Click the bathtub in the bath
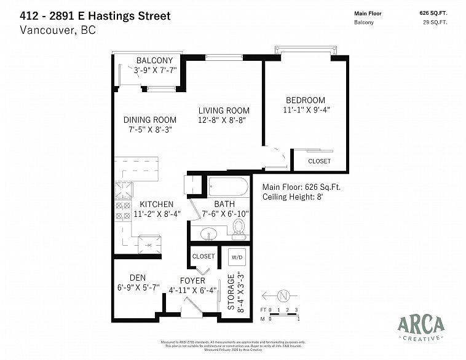pyautogui.click(x=228, y=186)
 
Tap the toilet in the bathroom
pyautogui.click(x=239, y=229)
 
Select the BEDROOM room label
pyautogui.click(x=305, y=100)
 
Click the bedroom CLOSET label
pyautogui.click(x=319, y=161)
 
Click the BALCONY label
pyautogui.click(x=155, y=61)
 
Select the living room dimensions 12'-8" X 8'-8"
pyautogui.click(x=223, y=121)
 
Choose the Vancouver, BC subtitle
pyautogui.click(x=58, y=29)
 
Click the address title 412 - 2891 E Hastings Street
pyautogui.click(x=95, y=15)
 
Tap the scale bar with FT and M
pyautogui.click(x=280, y=315)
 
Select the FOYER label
pyautogui.click(x=192, y=281)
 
